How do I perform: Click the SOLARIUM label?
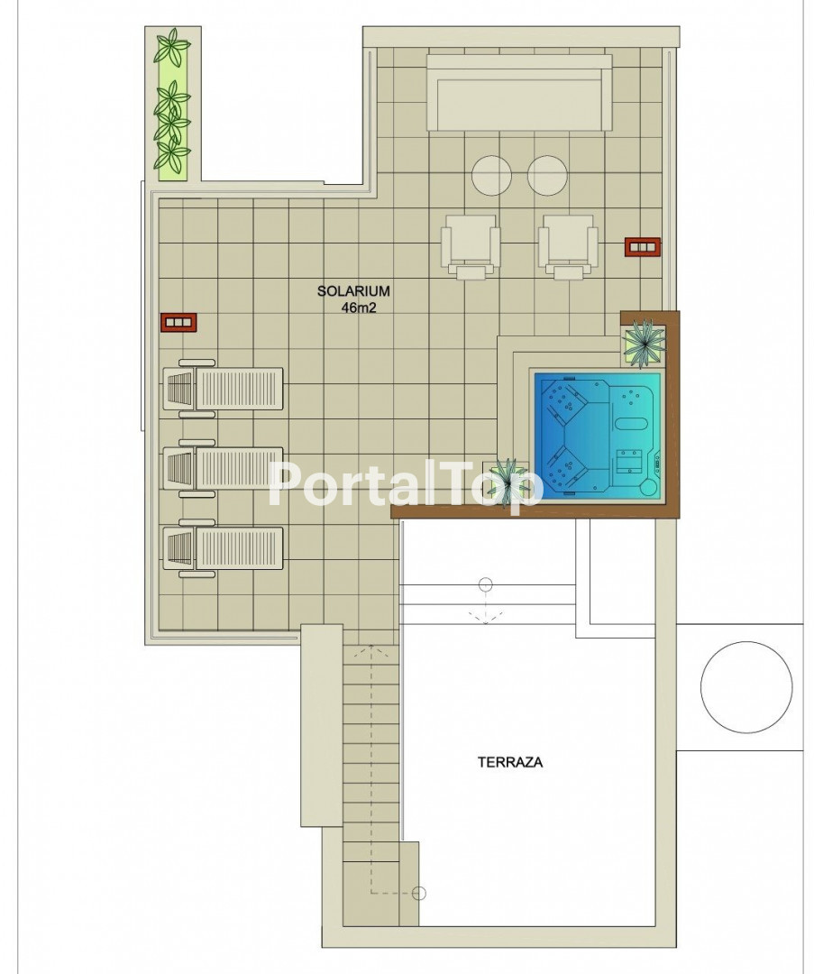pyautogui.click(x=353, y=290)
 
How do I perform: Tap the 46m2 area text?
pyautogui.click(x=359, y=308)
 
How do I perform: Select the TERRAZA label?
pyautogui.click(x=509, y=762)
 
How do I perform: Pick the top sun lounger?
pyautogui.click(x=223, y=388)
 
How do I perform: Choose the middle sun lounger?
pyautogui.click(x=223, y=468)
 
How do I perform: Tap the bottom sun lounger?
pyautogui.click(x=223, y=548)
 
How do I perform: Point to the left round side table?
pyautogui.click(x=492, y=175)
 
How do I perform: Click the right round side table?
pyautogui.click(x=547, y=175)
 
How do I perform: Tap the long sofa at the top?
pyautogui.click(x=519, y=92)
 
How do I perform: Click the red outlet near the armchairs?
pyautogui.click(x=643, y=246)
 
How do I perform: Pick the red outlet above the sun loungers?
pyautogui.click(x=178, y=322)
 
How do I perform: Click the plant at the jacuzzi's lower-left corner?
pyautogui.click(x=508, y=478)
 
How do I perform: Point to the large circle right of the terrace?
pyautogui.click(x=745, y=686)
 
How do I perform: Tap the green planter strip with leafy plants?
pyautogui.click(x=172, y=104)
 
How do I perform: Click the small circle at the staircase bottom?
pyautogui.click(x=419, y=893)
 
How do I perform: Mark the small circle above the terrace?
pyautogui.click(x=486, y=584)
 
